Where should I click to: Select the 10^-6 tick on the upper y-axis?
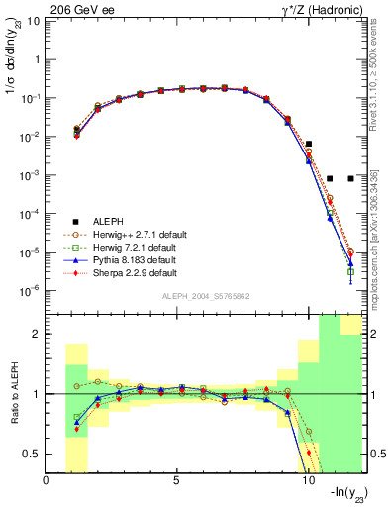pos(30,291)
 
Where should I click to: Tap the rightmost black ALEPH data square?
pos(350,178)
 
